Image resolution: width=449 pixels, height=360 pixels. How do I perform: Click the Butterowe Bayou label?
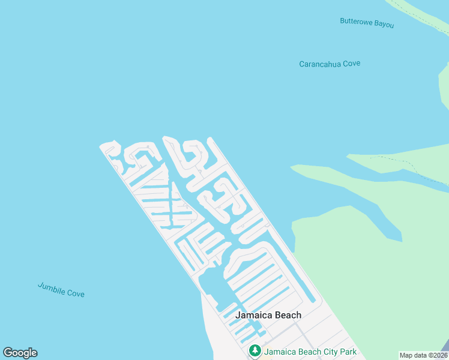[367, 22]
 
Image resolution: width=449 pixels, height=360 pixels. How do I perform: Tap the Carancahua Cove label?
[330, 64]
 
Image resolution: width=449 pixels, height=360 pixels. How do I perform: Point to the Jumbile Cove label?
[61, 289]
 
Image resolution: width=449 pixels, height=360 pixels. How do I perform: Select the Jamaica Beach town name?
[268, 315]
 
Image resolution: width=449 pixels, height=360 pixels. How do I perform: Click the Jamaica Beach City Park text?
[310, 352]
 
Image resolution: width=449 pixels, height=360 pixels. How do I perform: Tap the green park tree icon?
[255, 351]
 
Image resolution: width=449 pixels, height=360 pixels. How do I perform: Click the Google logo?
[20, 353]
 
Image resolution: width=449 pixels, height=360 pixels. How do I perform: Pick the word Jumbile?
[51, 287]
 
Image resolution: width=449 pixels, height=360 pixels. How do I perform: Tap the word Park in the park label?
[348, 352]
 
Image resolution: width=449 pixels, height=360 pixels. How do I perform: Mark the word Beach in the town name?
[288, 315]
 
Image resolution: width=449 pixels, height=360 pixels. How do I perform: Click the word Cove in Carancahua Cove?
[352, 64]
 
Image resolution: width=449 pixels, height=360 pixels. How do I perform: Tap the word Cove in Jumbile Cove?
[76, 293]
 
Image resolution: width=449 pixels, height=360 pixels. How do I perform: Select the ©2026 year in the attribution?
[436, 355]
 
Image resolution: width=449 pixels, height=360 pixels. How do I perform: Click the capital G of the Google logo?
[8, 353]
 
